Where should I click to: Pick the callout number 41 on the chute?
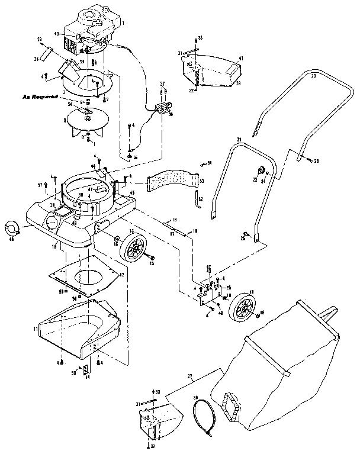tap(240, 59)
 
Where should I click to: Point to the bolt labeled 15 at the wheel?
tap(152, 258)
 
